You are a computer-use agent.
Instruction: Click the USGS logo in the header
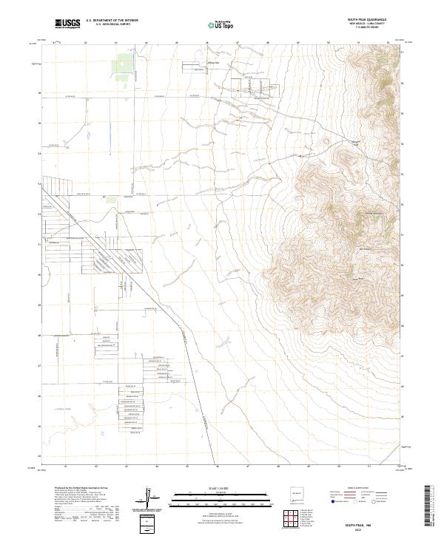67,24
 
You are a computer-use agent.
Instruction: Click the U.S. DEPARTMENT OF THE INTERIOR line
112,20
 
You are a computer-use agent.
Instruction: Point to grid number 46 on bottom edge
217,466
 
